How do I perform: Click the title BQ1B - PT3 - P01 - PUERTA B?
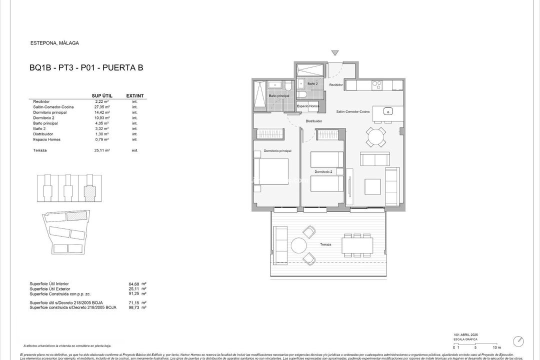(86, 67)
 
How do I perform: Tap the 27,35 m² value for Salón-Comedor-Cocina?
(102, 107)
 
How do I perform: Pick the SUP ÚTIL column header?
(102, 95)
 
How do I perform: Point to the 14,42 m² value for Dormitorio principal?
(102, 112)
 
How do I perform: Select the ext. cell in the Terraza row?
(134, 150)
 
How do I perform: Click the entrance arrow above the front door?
(334, 52)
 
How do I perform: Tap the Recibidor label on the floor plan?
(336, 85)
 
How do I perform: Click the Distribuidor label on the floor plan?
(313, 121)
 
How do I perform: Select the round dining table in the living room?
(375, 136)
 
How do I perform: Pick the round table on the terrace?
(299, 245)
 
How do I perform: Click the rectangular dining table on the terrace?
(356, 244)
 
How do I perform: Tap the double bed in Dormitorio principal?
(271, 171)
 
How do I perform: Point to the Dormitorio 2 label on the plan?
(323, 172)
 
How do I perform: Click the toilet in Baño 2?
(301, 94)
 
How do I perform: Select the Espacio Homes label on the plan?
(308, 106)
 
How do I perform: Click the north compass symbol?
(518, 341)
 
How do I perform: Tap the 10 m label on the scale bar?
(496, 347)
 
